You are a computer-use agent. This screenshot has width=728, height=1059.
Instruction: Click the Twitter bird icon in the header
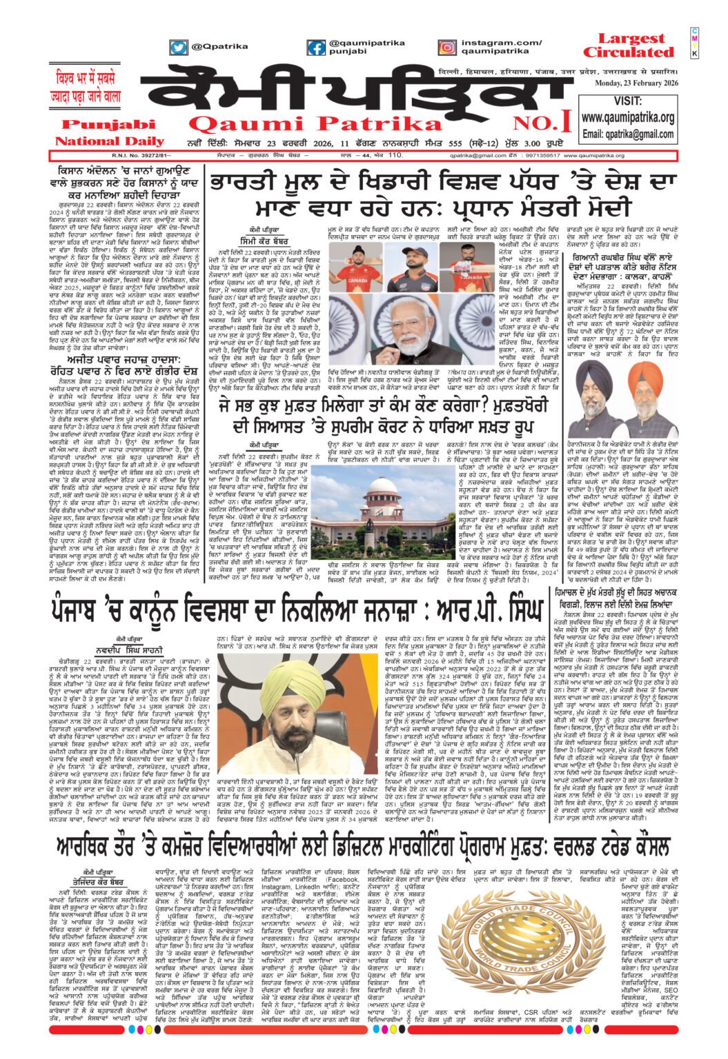click(179, 48)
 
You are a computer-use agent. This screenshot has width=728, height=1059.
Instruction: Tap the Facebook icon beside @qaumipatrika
click(316, 48)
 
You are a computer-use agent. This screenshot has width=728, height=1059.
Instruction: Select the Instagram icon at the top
click(447, 48)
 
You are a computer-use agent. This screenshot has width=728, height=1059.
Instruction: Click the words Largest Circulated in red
click(627, 46)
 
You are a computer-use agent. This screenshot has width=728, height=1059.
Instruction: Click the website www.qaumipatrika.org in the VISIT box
click(628, 118)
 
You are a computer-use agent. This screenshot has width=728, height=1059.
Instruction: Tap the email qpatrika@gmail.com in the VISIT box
click(628, 134)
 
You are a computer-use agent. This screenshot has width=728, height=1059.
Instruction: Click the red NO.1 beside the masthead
click(551, 123)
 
